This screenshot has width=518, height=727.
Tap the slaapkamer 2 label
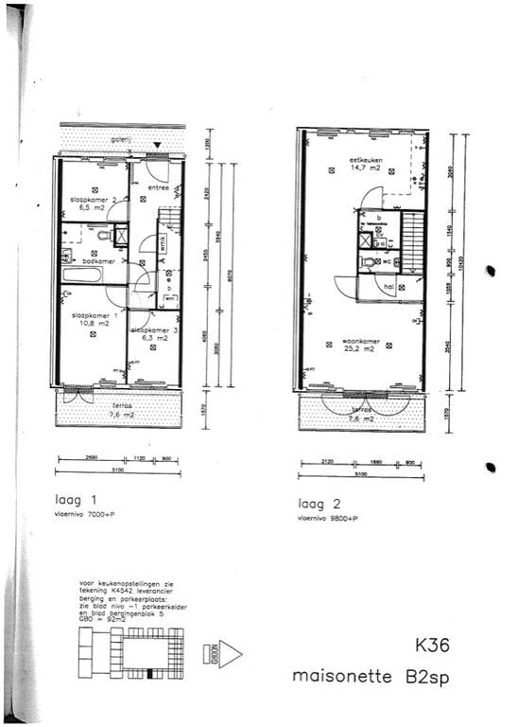click(x=93, y=200)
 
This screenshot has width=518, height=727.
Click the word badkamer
click(x=97, y=260)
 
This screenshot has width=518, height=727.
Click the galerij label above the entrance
click(x=120, y=139)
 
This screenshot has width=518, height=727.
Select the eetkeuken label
click(x=365, y=160)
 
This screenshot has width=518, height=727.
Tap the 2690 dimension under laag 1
click(x=89, y=457)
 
